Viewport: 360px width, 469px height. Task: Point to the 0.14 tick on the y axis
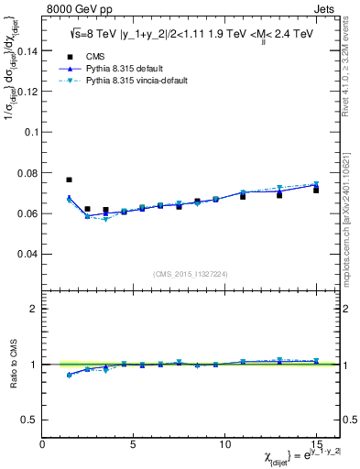[27, 51]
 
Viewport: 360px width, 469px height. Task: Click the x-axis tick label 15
[316, 444]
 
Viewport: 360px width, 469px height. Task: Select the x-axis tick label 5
[134, 444]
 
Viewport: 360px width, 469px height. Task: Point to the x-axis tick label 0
[43, 444]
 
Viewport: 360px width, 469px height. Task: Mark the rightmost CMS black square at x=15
[316, 190]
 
